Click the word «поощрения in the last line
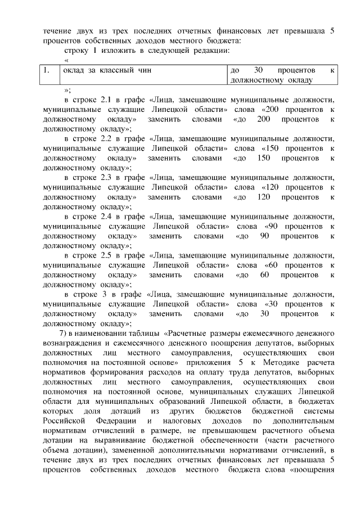312,471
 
